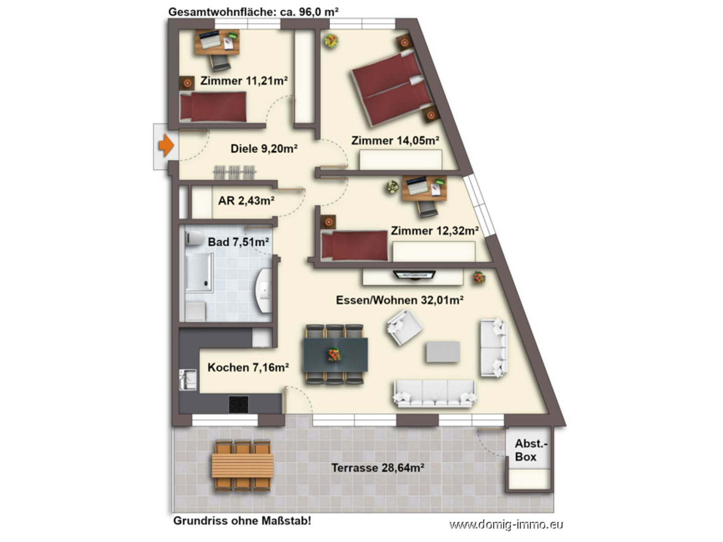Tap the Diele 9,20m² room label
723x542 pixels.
(x=264, y=149)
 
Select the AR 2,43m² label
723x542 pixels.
(x=246, y=200)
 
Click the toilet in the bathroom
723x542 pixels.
(x=194, y=238)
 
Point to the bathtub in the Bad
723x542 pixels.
(x=199, y=272)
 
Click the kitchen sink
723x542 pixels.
(x=187, y=379)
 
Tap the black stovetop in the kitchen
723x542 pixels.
(x=239, y=405)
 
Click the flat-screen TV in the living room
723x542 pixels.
(x=414, y=274)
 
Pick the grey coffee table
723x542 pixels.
(x=443, y=352)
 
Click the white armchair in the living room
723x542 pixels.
(x=404, y=328)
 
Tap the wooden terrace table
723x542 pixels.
(x=243, y=466)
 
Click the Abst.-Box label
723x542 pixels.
(x=530, y=450)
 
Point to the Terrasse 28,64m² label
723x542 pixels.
(x=378, y=468)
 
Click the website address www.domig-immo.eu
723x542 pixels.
(x=506, y=524)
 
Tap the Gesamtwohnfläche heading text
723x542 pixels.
(x=253, y=12)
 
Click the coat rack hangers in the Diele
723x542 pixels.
(x=235, y=172)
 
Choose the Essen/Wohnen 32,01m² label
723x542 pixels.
(x=400, y=300)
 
